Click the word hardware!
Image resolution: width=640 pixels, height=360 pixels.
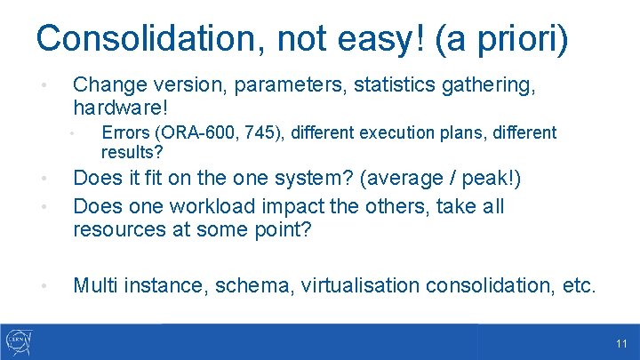(120, 108)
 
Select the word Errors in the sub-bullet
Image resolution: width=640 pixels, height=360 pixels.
(124, 133)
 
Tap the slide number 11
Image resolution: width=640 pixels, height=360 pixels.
(620, 343)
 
